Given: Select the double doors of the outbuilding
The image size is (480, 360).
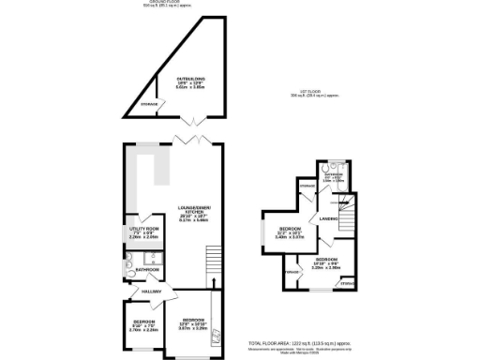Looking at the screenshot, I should pyautogui.click(x=196, y=120).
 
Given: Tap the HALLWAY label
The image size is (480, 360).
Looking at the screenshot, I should pyautogui.click(x=152, y=292).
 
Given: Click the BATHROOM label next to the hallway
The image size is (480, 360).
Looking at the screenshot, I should pyautogui.click(x=146, y=270).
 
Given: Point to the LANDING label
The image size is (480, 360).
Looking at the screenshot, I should pyautogui.click(x=328, y=218).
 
